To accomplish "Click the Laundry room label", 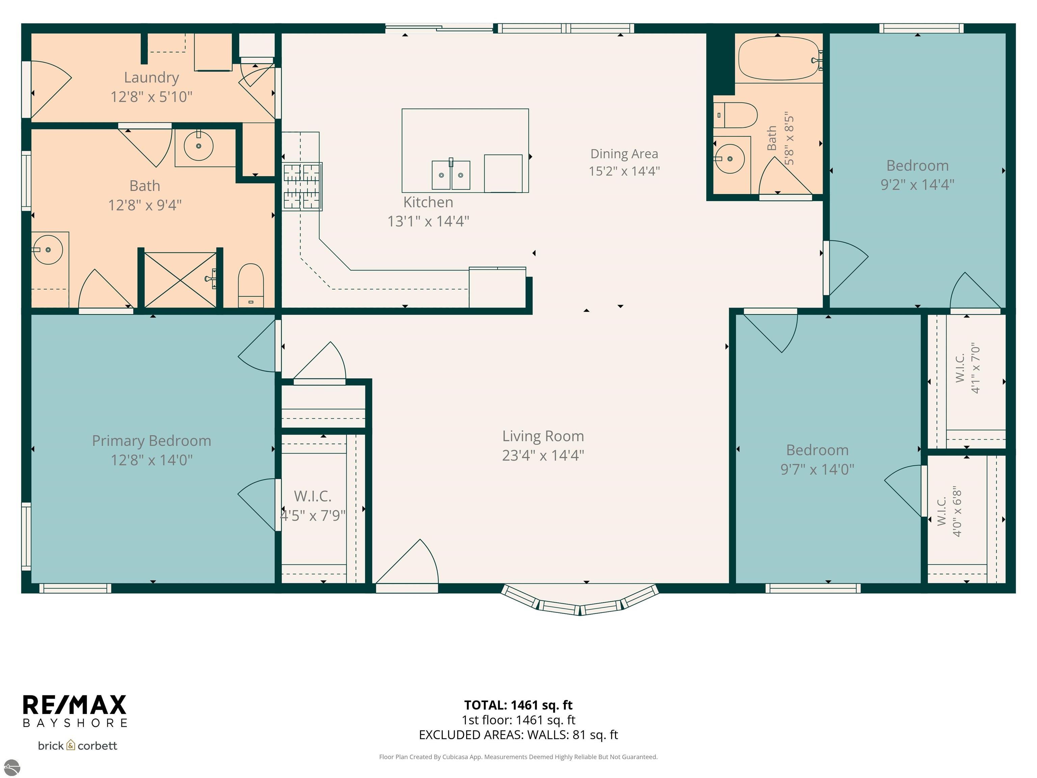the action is [152, 77].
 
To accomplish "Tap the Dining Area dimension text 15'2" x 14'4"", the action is [624, 171].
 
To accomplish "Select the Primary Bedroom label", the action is [152, 441].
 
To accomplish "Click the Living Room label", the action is [543, 436].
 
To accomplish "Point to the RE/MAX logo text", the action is [75, 704].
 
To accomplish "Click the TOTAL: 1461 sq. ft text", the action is [518, 705].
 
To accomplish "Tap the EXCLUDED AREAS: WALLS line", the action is [518, 735].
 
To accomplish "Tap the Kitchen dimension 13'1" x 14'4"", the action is [428, 221].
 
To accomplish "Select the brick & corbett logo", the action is [77, 746].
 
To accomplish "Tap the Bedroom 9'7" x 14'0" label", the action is [817, 460].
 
